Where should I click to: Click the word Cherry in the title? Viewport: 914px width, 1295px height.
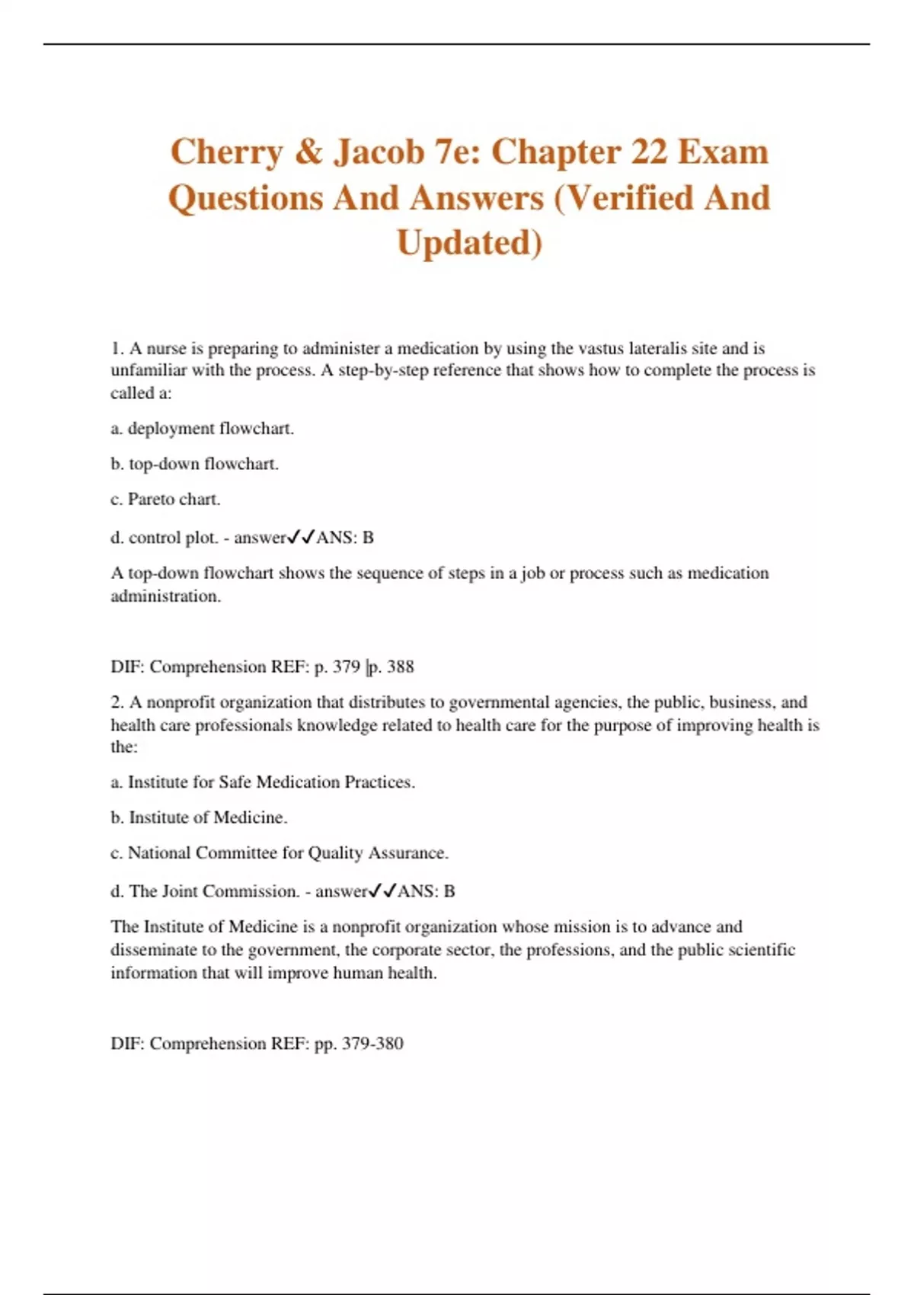pos(226,152)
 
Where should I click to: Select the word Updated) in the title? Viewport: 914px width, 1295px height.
pos(469,243)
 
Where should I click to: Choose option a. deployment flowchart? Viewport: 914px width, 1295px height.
pos(202,428)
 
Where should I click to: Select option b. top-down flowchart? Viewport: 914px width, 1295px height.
pos(194,464)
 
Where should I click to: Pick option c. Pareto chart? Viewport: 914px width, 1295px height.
pos(165,499)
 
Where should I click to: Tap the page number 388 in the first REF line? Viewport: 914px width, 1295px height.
pos(401,667)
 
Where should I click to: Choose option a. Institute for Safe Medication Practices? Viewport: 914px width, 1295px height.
pos(263,782)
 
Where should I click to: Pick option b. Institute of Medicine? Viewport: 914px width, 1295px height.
pos(199,817)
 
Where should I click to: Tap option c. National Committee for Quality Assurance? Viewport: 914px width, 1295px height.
pos(280,852)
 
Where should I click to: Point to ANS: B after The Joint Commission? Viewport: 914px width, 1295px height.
pos(426,891)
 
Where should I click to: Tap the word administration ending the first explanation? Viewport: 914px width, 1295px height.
pos(165,596)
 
